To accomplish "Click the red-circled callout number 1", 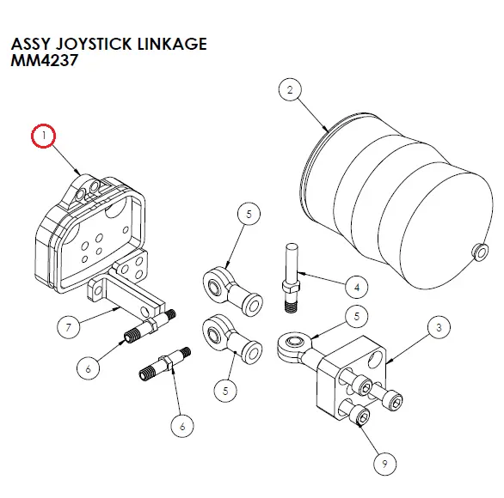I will [x=43, y=137].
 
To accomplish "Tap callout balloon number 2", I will [x=290, y=89].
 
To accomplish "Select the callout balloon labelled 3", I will [x=439, y=327].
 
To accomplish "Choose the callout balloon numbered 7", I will [x=68, y=326].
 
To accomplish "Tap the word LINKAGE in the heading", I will [x=172, y=44].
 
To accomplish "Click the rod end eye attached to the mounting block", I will [x=291, y=346].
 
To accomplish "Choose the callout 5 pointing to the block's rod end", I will [x=353, y=318].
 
